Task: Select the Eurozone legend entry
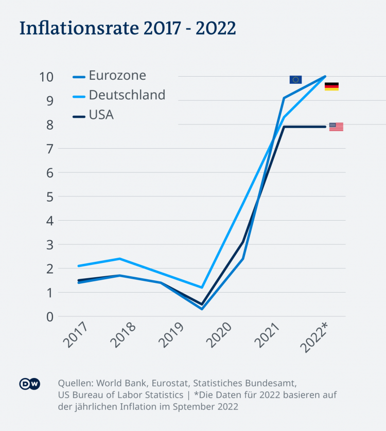click(x=117, y=76)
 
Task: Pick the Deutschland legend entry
click(x=127, y=95)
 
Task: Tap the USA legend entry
click(x=101, y=115)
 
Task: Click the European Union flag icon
click(x=295, y=79)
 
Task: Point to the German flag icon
click(x=331, y=86)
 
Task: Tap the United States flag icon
click(x=336, y=127)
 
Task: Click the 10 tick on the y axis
click(x=47, y=77)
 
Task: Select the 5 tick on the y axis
click(x=50, y=196)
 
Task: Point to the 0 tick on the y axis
click(x=50, y=317)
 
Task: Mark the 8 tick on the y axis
click(x=50, y=125)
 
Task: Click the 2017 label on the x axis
click(x=75, y=336)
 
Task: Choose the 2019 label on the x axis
click(x=172, y=336)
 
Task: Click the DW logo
click(x=30, y=384)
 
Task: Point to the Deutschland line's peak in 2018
click(x=119, y=259)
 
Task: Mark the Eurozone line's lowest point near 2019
click(x=202, y=309)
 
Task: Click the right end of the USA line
click(x=325, y=127)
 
